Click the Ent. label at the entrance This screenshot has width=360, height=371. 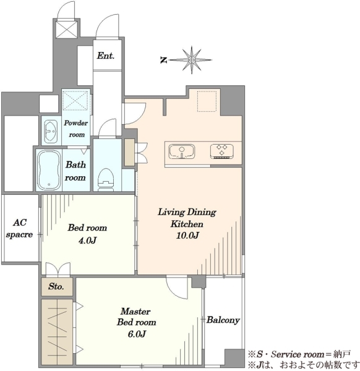tap(106, 56)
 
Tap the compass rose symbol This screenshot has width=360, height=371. tap(191, 60)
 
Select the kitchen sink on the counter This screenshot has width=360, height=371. tap(181, 151)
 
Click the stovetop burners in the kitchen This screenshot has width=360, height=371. tap(222, 151)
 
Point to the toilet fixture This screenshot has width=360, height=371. tap(106, 179)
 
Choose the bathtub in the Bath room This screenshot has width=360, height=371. tap(49, 170)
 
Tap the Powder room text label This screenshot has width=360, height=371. tap(76, 129)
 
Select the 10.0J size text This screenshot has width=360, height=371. tap(187, 236)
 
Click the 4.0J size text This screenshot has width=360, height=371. tap(87, 241)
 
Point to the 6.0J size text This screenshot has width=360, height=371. tap(137, 334)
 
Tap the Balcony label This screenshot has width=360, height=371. tap(223, 320)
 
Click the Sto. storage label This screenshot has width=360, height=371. tap(56, 286)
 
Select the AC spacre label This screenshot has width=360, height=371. tap(20, 229)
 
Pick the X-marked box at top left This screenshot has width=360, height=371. tap(66, 29)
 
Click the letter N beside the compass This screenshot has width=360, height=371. tap(163, 61)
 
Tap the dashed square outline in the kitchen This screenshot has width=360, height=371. tap(207, 101)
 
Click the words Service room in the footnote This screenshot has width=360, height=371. tap(298, 354)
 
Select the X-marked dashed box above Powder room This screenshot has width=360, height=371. tap(75, 101)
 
